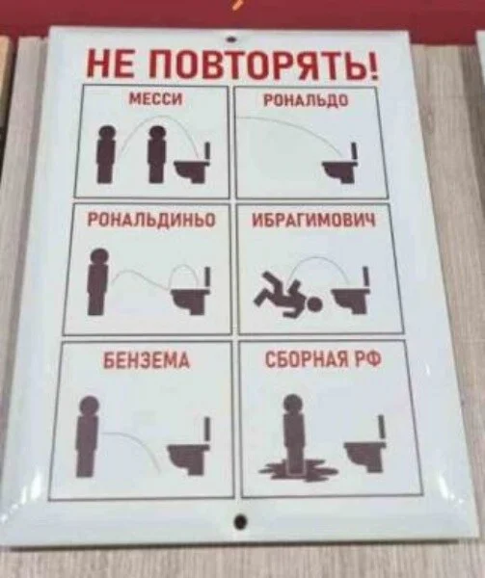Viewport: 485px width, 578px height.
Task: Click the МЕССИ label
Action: pyautogui.click(x=155, y=99)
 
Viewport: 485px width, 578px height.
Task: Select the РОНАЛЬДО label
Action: pyautogui.click(x=306, y=100)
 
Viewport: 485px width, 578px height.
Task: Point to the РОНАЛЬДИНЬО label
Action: pyautogui.click(x=151, y=220)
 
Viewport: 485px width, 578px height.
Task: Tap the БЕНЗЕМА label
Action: pyautogui.click(x=147, y=359)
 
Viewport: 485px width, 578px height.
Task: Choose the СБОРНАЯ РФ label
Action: pyautogui.click(x=323, y=358)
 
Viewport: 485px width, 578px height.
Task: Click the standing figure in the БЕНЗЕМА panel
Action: pyautogui.click(x=88, y=436)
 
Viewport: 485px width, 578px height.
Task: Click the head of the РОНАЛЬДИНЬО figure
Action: pyautogui.click(x=99, y=256)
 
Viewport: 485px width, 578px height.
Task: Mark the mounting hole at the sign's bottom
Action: pyautogui.click(x=240, y=521)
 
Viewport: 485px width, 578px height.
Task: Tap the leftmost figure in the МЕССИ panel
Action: pyautogui.click(x=107, y=154)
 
